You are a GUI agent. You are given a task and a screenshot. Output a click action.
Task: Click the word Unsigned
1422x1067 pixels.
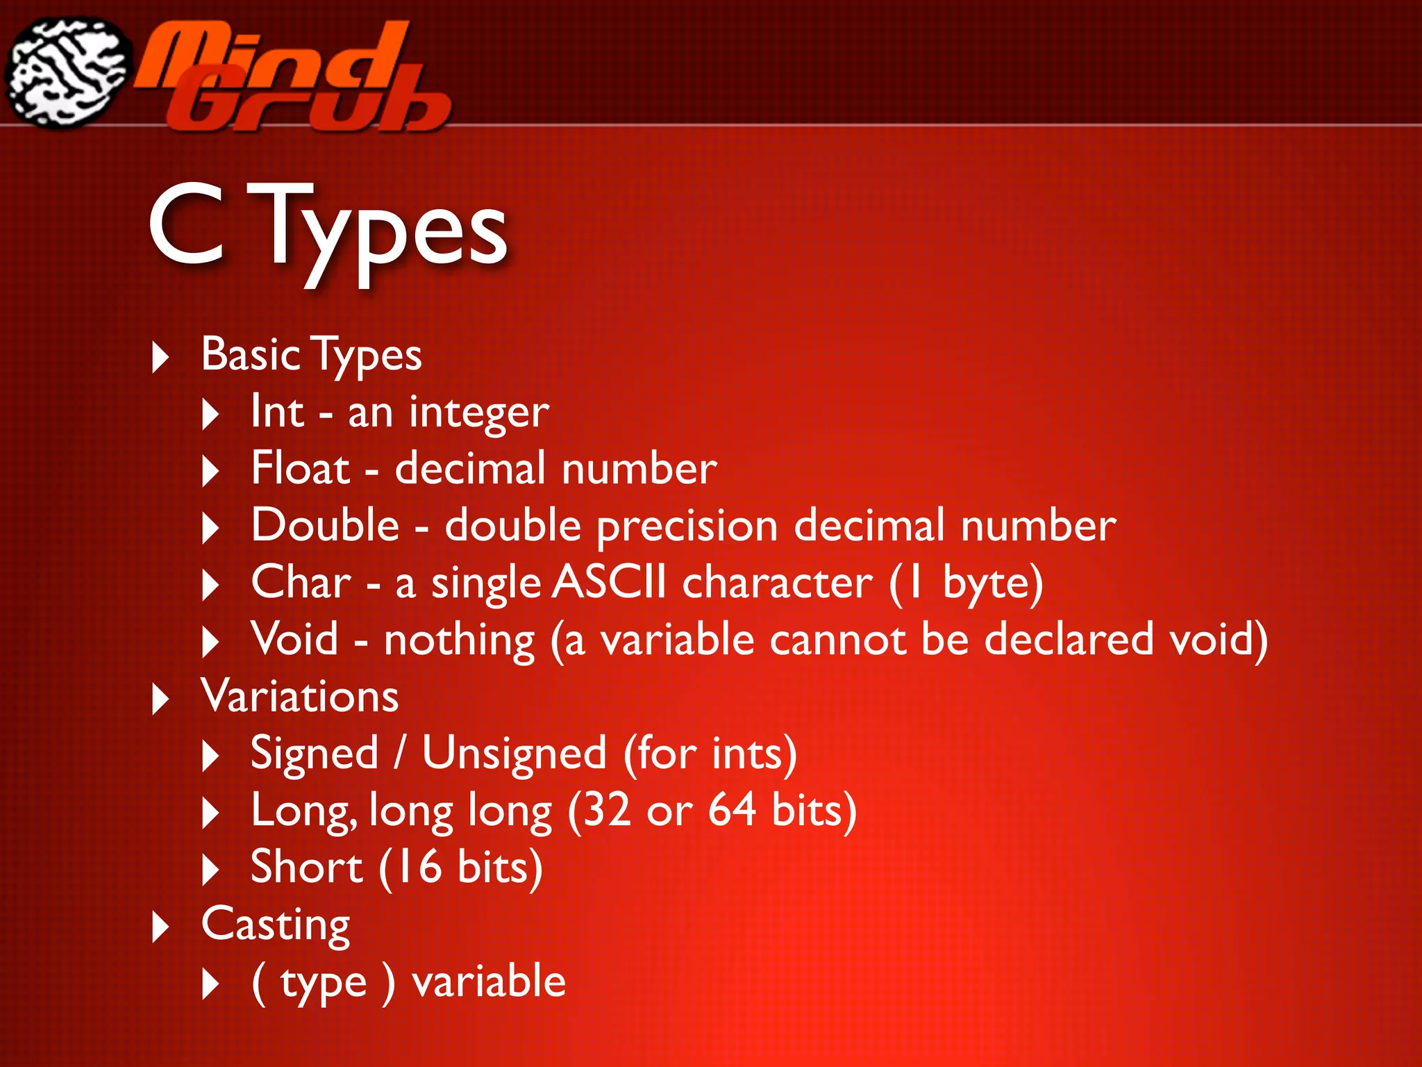click(514, 754)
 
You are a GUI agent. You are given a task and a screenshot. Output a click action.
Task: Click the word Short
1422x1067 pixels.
click(306, 867)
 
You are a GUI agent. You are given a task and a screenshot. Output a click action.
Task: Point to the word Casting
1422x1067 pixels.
click(276, 925)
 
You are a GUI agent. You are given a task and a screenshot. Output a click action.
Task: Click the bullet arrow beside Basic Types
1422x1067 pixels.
click(160, 357)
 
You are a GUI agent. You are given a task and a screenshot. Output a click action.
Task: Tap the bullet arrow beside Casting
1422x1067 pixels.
click(160, 927)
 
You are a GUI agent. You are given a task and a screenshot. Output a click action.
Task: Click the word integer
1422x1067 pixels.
click(478, 413)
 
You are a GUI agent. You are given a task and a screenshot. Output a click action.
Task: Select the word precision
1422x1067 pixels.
click(687, 527)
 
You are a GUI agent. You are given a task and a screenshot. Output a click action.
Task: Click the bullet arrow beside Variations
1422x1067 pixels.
click(160, 699)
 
